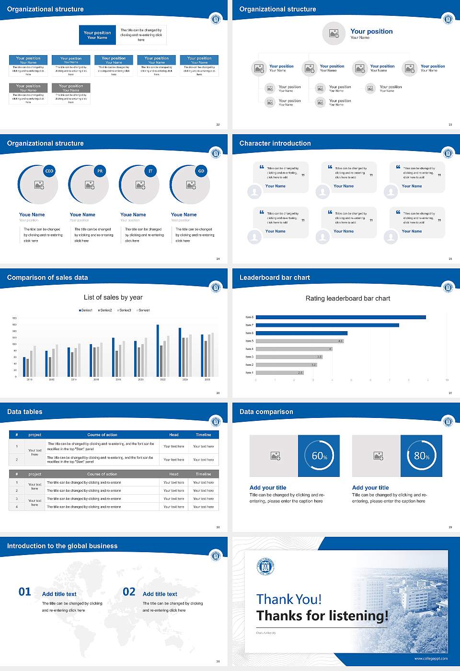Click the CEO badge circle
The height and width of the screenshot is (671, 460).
pyautogui.click(x=49, y=171)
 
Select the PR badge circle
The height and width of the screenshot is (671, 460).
pyautogui.click(x=100, y=171)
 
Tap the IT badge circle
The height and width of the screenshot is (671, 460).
pyautogui.click(x=150, y=171)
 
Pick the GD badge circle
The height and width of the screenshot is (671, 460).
pyautogui.click(x=201, y=171)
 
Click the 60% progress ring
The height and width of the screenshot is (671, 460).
pyautogui.click(x=319, y=456)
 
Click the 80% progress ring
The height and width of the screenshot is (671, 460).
pyautogui.click(x=421, y=456)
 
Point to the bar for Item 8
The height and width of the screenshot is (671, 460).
pyautogui.click(x=341, y=317)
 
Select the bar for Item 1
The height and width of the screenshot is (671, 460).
pyautogui.click(x=280, y=372)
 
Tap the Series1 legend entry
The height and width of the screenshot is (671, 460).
pyautogui.click(x=86, y=310)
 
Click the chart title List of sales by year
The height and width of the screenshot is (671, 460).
pyautogui.click(x=113, y=298)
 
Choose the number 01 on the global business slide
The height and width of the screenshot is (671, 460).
pyautogui.click(x=25, y=592)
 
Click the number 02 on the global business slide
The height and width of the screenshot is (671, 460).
pyautogui.click(x=129, y=592)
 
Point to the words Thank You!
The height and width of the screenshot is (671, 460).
pyautogui.click(x=289, y=599)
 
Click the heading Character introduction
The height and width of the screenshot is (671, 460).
pyautogui.click(x=275, y=143)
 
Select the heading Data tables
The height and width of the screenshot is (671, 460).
pyautogui.click(x=25, y=412)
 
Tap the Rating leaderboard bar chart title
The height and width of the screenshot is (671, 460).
pyautogui.click(x=348, y=299)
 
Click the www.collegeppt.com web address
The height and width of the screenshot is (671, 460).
pyautogui.click(x=431, y=659)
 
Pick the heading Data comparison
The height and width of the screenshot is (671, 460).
pyautogui.click(x=266, y=412)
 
